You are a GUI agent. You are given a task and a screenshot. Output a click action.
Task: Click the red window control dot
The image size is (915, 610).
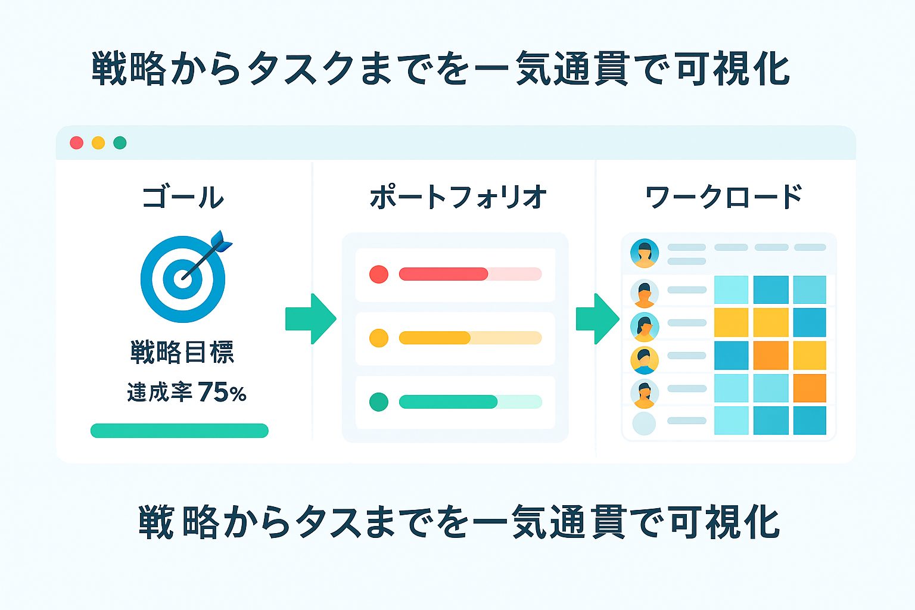(x=77, y=143)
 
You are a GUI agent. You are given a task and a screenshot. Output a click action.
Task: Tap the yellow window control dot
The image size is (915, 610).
(x=98, y=143)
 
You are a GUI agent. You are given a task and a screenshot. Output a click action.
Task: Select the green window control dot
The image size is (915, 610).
(x=120, y=143)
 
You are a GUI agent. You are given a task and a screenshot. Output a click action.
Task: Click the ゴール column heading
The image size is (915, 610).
(x=183, y=197)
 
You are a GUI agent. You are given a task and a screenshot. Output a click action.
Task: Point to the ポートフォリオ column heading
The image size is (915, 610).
(x=458, y=197)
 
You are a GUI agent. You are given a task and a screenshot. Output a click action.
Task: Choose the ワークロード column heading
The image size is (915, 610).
(x=723, y=197)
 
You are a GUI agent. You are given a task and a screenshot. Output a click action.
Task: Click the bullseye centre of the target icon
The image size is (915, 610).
(x=183, y=279)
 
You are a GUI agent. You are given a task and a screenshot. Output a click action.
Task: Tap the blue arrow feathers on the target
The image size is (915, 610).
(x=222, y=241)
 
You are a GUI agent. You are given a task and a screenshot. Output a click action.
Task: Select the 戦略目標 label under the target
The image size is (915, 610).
(x=182, y=352)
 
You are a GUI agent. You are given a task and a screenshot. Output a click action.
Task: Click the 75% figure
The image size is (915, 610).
(x=222, y=392)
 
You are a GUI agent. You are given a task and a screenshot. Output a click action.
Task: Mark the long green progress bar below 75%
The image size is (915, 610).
(x=179, y=431)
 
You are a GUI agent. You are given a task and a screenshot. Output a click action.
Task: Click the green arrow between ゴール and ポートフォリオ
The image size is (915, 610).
(x=311, y=319)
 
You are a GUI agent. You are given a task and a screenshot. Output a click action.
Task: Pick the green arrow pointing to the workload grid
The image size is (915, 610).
(x=597, y=319)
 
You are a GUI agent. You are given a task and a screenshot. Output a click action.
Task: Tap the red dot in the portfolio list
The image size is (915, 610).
(x=379, y=274)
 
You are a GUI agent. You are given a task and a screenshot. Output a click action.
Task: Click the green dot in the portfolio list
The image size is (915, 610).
(x=379, y=402)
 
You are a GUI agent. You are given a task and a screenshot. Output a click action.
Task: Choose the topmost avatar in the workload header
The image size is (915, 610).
(x=645, y=253)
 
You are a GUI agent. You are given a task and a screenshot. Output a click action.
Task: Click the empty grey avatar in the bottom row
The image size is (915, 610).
(x=644, y=424)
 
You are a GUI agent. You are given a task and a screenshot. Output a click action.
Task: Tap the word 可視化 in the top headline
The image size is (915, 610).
(x=733, y=69)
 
